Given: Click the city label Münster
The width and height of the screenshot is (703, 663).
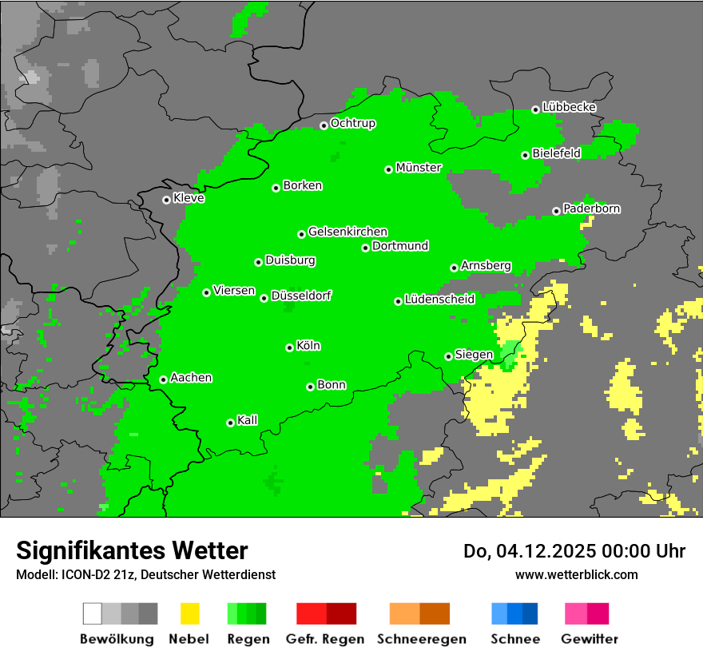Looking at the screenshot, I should (x=419, y=168).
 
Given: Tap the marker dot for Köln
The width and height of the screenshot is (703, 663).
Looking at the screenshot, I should (x=289, y=347).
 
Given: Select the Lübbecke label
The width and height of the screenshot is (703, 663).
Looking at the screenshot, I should (x=569, y=107).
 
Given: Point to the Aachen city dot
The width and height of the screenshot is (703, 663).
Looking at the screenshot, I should (x=163, y=379).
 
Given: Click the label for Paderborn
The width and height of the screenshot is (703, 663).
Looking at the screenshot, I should (x=591, y=208).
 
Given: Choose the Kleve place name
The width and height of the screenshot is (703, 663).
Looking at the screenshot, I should (x=189, y=198).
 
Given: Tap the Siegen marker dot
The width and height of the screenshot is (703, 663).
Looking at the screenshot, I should (x=448, y=356).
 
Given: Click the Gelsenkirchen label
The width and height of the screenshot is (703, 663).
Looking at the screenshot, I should (x=348, y=232).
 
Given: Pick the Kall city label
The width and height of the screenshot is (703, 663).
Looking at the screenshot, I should (x=247, y=420).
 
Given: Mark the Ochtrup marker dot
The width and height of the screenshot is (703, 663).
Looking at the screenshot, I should (x=324, y=125).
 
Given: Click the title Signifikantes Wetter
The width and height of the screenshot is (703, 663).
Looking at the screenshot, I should (x=132, y=551).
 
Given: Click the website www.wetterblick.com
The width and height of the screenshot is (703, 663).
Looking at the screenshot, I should (x=576, y=574).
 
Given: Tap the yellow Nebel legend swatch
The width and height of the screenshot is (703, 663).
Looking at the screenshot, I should (x=189, y=613).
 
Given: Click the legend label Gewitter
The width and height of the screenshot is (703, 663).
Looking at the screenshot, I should (x=589, y=639).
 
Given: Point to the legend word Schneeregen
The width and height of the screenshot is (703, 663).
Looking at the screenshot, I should (x=422, y=639).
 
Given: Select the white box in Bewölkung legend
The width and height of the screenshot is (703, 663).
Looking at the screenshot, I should (x=93, y=613).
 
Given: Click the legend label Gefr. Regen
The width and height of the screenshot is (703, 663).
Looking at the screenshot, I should (x=325, y=639).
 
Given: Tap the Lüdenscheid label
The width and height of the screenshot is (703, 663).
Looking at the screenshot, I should (x=439, y=300).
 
